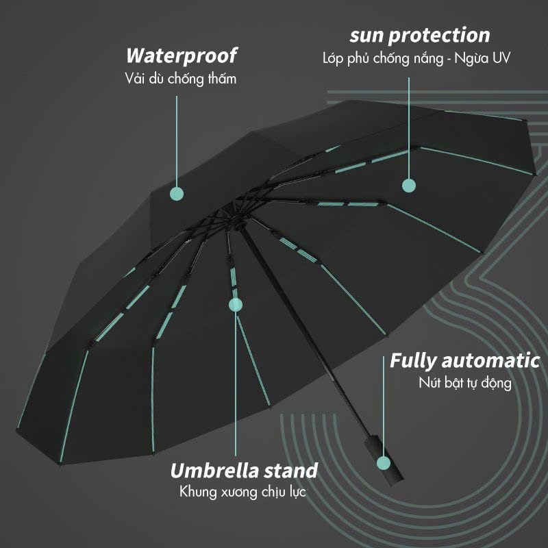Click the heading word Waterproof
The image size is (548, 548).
point(181,56)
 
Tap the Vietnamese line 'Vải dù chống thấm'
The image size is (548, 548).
point(181,79)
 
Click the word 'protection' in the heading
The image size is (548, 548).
point(439,36)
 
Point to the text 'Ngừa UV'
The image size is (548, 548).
point(482,58)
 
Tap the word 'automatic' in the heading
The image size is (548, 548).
point(490,361)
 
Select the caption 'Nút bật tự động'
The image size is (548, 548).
point(465,384)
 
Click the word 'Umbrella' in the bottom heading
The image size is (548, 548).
point(214,471)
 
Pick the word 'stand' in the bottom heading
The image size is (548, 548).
point(290,471)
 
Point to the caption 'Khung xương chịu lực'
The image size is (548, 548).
point(243,492)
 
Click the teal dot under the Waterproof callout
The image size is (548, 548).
point(177,194)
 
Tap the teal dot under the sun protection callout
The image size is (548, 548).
point(409,186)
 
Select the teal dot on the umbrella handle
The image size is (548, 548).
point(384,463)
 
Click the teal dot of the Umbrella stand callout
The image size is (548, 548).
point(236,305)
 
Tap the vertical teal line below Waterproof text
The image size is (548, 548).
point(177,142)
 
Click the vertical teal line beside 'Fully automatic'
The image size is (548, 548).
point(384,406)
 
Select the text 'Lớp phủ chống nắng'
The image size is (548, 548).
point(383,58)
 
